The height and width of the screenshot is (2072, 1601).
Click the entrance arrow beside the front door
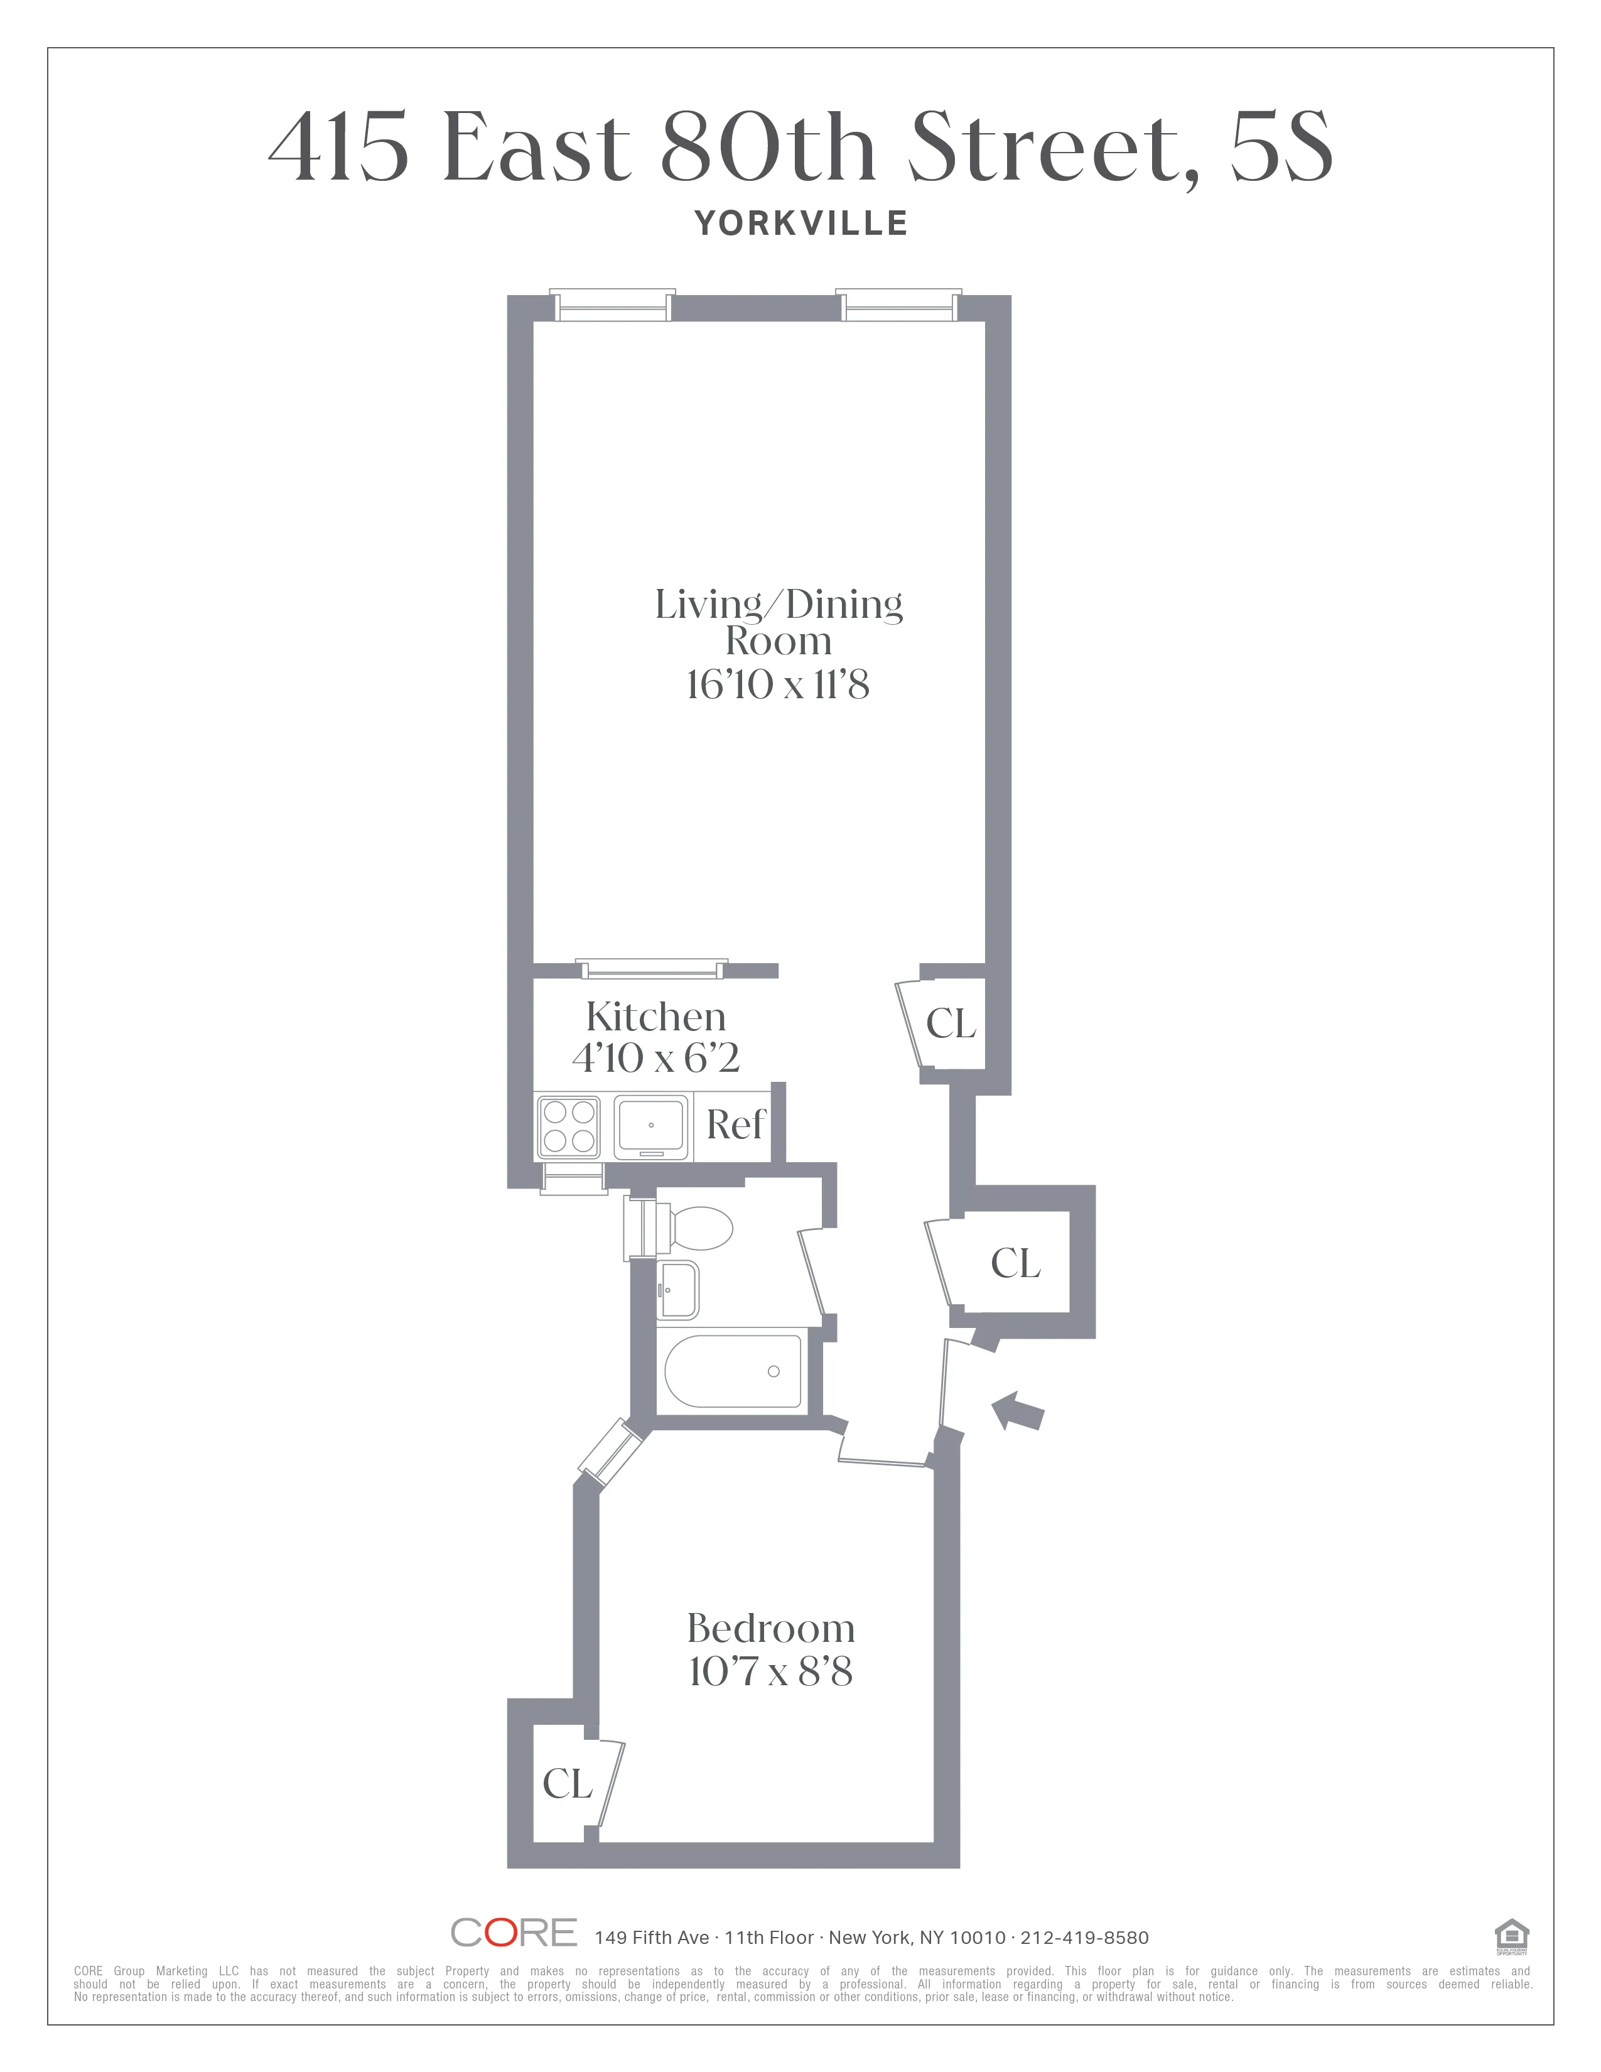(1018, 1411)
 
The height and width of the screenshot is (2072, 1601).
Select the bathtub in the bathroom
(732, 1371)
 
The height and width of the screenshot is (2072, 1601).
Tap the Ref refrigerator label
(735, 1125)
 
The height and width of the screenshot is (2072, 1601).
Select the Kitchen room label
(656, 1017)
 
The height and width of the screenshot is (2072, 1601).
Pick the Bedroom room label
(770, 1628)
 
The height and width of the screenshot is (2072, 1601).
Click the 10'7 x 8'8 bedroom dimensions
(770, 1671)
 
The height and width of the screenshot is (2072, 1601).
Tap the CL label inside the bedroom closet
(567, 1784)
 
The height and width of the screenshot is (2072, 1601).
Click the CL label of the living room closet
(951, 1023)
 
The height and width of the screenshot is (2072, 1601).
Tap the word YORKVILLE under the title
(802, 224)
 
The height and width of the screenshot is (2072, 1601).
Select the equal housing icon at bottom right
(1511, 1935)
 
